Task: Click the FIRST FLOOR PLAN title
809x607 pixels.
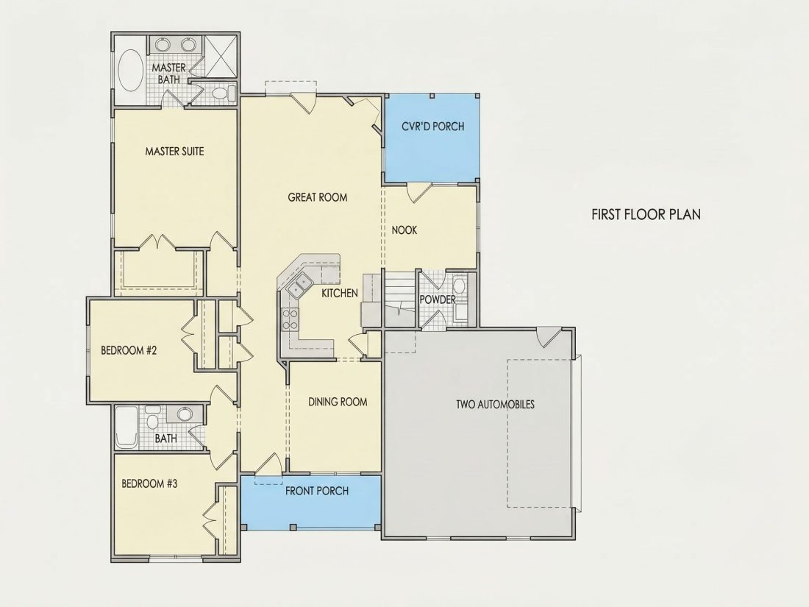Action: click(x=646, y=214)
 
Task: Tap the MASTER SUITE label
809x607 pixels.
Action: click(x=174, y=152)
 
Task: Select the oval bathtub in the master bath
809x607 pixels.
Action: click(x=131, y=71)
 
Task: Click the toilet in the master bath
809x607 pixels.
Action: click(x=223, y=93)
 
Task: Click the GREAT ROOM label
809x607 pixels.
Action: click(x=317, y=197)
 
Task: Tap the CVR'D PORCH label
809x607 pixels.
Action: click(x=433, y=127)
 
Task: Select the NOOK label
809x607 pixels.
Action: click(x=404, y=230)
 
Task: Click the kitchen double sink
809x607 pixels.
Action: click(x=299, y=285)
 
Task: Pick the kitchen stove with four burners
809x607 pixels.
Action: click(x=290, y=319)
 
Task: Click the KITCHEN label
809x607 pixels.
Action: click(x=340, y=293)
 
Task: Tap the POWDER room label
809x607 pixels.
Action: click(x=438, y=299)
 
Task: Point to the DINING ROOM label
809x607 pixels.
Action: click(x=338, y=402)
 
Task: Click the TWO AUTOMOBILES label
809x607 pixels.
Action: click(x=495, y=404)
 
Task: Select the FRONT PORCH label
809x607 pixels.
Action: click(x=317, y=491)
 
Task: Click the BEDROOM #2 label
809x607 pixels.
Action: click(x=129, y=350)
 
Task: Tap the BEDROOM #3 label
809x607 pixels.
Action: click(x=149, y=483)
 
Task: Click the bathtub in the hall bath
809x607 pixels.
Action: click(x=126, y=427)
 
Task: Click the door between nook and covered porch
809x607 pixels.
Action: click(x=419, y=191)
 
